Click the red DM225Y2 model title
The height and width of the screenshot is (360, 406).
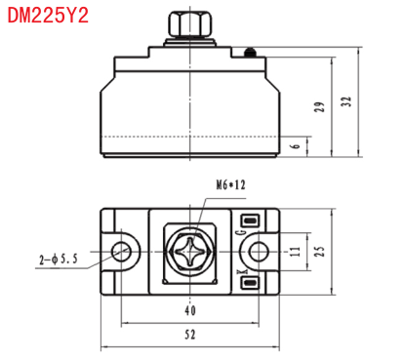[48, 16]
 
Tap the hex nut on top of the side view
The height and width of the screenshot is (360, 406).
[190, 23]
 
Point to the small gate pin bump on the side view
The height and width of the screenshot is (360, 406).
[250, 53]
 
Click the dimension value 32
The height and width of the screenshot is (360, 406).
[346, 101]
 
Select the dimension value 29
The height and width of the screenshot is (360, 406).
[319, 106]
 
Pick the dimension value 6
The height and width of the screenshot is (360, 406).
[296, 145]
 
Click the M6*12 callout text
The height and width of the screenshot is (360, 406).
[230, 185]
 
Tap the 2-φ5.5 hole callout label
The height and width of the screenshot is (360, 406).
[59, 260]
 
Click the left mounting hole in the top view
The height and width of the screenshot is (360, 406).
[121, 252]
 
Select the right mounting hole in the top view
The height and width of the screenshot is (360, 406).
[259, 252]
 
